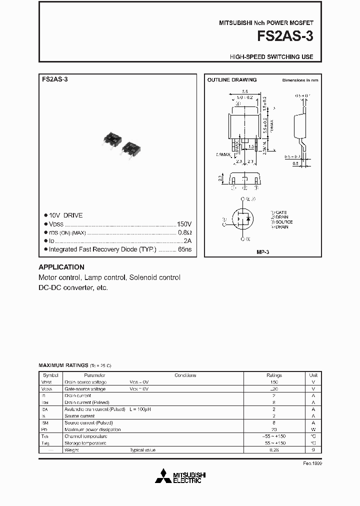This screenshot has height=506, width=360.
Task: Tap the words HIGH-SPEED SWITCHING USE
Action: (271, 57)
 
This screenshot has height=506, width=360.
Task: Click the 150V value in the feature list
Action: (184, 224)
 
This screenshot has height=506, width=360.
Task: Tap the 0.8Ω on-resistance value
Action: (184, 232)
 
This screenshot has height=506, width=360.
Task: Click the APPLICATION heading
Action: (61, 267)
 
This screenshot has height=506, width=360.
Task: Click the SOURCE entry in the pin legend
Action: (282, 221)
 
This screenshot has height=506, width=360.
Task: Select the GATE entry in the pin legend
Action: (279, 212)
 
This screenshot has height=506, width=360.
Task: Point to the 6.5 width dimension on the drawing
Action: (244, 91)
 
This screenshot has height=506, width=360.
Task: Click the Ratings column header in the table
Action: (274, 375)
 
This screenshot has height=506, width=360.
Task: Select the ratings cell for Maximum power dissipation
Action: (274, 429)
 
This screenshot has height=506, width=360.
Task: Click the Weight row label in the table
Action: (71, 450)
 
